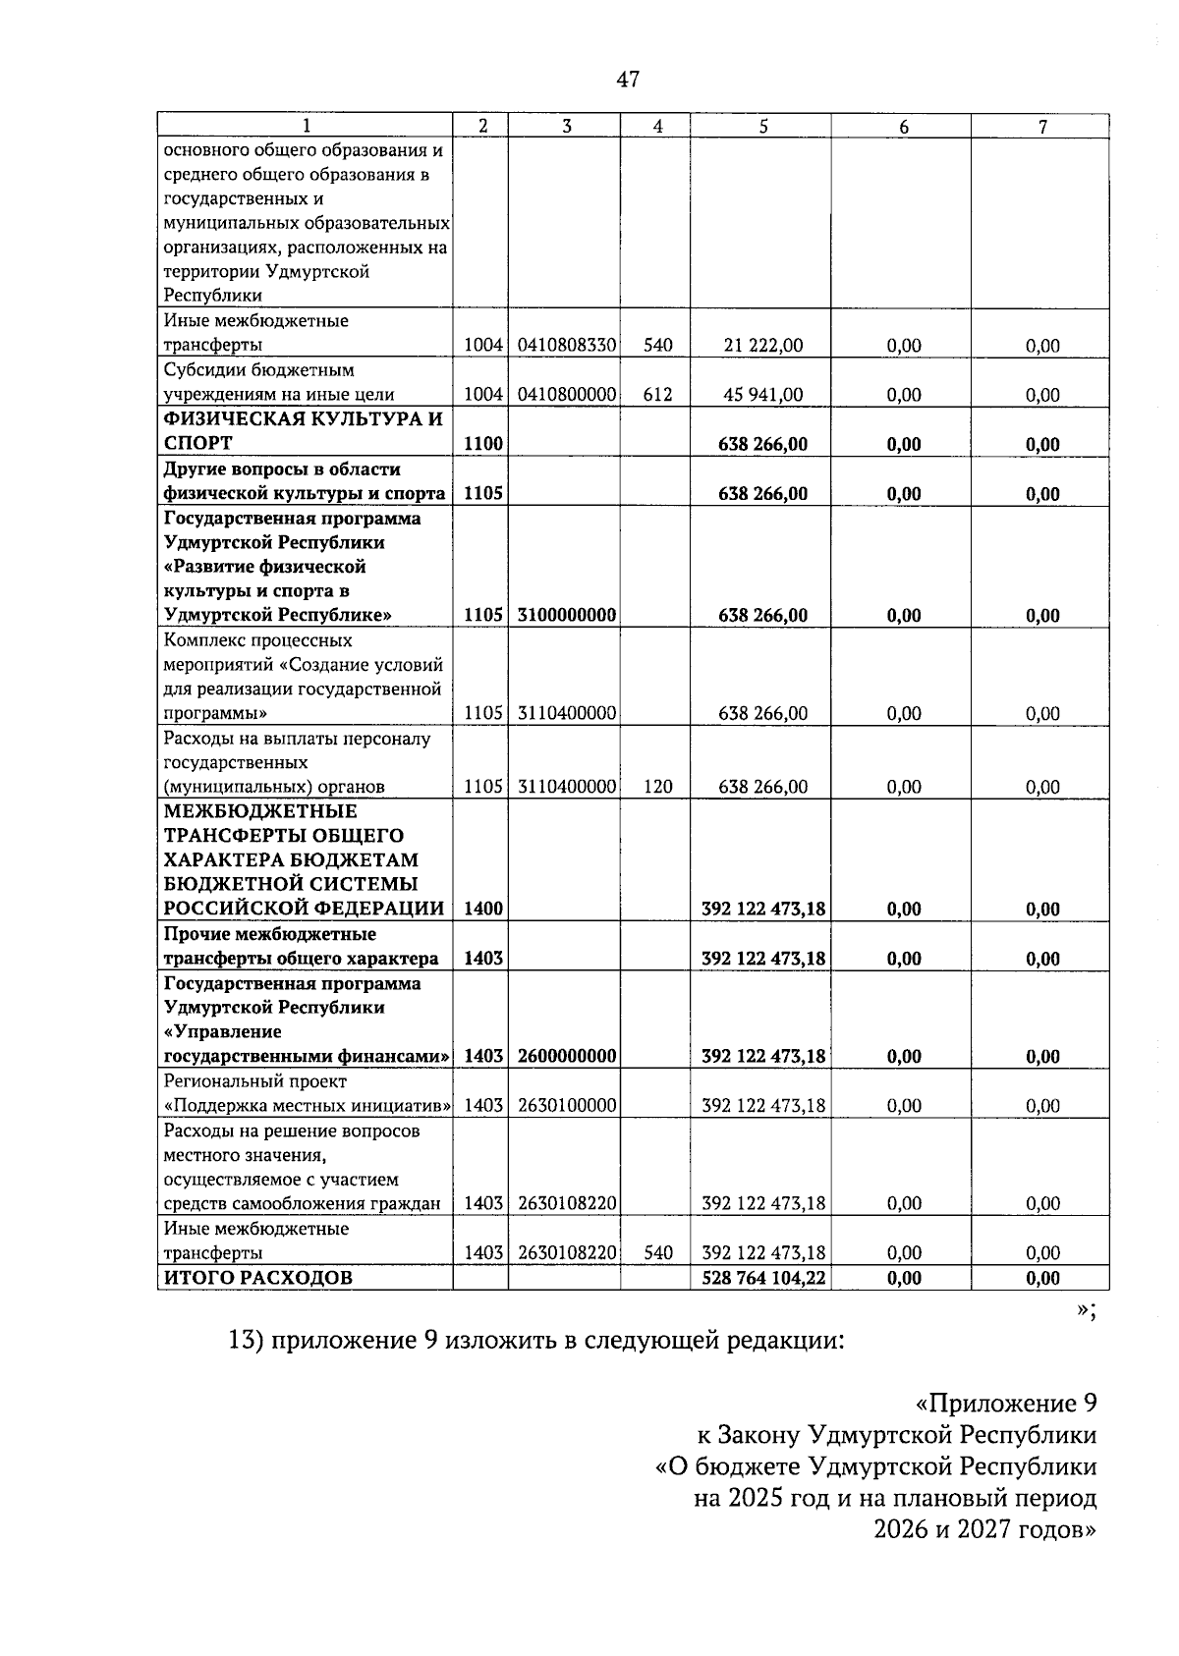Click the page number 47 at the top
point(628,81)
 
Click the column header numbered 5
point(762,126)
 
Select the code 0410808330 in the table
point(566,345)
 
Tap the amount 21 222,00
point(762,345)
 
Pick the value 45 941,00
point(762,395)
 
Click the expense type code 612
point(657,395)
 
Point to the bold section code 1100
point(482,444)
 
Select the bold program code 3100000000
point(566,615)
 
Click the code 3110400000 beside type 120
point(566,787)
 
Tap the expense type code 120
point(657,787)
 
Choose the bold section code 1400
point(482,910)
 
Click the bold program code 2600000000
point(566,1057)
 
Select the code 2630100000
point(566,1106)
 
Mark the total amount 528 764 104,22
point(762,1278)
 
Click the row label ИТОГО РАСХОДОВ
point(256,1278)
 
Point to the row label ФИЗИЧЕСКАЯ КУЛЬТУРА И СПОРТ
point(303,431)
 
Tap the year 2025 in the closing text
point(752,1499)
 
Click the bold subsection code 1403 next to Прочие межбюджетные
point(482,959)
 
